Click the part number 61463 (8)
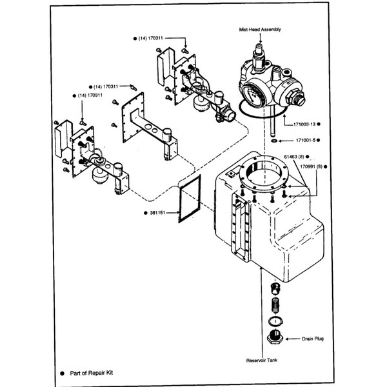[x=295, y=156]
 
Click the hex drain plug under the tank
[x=274, y=336]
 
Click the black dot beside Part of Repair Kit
[x=63, y=373]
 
